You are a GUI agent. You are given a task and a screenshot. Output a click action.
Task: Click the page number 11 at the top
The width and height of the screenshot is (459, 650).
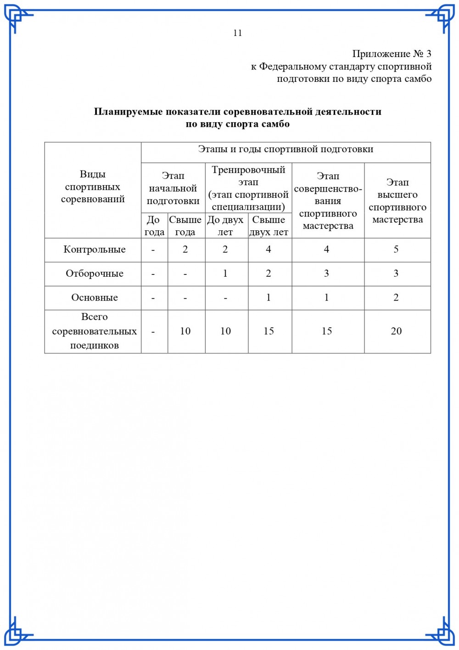click(x=237, y=33)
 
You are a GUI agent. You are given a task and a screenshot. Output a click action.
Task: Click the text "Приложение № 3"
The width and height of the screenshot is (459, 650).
click(x=392, y=54)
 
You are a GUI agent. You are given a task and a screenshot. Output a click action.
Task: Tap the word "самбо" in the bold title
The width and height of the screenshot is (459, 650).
click(x=275, y=124)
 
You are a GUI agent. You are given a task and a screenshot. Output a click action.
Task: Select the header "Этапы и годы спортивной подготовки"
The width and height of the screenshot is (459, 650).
click(x=285, y=149)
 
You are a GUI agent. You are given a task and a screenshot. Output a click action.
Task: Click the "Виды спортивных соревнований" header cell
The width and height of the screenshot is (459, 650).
click(x=93, y=187)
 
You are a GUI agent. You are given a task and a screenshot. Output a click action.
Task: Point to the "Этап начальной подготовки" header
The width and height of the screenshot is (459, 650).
click(x=173, y=188)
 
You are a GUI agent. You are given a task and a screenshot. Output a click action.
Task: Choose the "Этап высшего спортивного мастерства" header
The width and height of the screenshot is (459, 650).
click(x=397, y=201)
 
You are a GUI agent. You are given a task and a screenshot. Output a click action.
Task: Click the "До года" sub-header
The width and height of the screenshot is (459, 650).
click(x=154, y=226)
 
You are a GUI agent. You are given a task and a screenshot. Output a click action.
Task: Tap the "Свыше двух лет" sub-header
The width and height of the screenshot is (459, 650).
click(x=269, y=226)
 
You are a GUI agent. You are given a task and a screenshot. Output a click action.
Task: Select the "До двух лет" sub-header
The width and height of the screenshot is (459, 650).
click(x=225, y=226)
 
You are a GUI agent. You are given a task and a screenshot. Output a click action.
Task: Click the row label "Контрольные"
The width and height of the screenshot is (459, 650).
click(x=95, y=250)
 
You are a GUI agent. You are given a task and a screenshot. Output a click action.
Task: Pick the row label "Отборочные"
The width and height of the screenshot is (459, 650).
click(x=95, y=274)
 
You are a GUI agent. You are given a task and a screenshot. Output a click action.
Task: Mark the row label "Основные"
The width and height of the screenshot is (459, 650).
click(x=95, y=297)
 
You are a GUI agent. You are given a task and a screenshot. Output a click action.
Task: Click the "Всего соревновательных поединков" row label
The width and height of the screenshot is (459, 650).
click(x=95, y=331)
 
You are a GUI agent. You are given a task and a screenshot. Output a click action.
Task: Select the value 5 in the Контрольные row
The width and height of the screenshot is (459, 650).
click(x=396, y=250)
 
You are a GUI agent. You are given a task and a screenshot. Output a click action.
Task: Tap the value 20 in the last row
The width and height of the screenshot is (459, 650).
click(x=396, y=331)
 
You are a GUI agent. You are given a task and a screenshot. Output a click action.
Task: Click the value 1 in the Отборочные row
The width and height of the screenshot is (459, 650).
click(x=225, y=274)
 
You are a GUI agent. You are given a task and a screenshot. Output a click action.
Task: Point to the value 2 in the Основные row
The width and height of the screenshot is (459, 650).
click(x=396, y=297)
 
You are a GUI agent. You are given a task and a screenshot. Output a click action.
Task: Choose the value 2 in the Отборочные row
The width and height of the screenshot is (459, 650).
click(x=269, y=274)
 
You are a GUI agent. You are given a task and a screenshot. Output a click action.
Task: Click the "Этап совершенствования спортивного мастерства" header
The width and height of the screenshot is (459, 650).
click(x=328, y=201)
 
